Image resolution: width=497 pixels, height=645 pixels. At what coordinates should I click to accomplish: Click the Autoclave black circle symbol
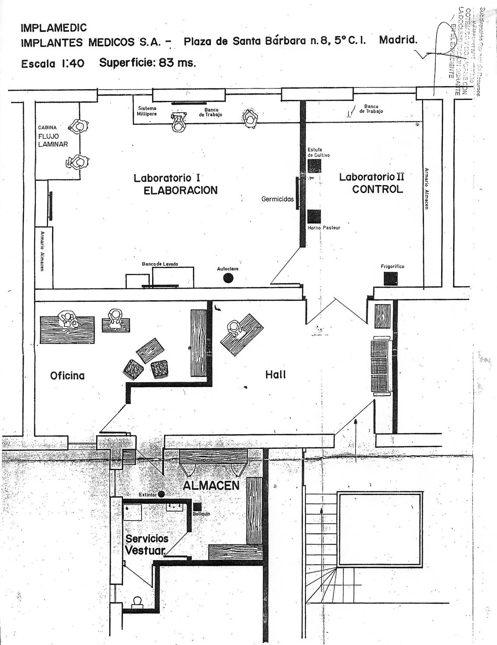click(x=228, y=277)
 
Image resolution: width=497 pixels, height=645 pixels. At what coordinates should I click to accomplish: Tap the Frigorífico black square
click(x=390, y=279)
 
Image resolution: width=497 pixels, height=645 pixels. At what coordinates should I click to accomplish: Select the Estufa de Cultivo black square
click(x=314, y=166)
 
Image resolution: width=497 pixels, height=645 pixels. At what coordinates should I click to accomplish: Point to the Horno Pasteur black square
click(x=314, y=216)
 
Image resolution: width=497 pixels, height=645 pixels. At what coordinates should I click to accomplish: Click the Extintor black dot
click(x=161, y=494)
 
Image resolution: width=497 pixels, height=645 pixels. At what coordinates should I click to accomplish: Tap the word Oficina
click(x=67, y=376)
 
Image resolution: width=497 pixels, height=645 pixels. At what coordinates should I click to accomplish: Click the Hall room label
click(x=276, y=375)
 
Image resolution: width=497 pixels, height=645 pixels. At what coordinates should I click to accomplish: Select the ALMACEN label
click(x=211, y=486)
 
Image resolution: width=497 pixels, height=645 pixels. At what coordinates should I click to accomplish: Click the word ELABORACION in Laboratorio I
click(x=181, y=190)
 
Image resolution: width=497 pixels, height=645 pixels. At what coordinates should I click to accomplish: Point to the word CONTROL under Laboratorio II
click(x=377, y=189)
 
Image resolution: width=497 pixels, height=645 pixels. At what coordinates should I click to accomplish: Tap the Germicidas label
click(x=277, y=199)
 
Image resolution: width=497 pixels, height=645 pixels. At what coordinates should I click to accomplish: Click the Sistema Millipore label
click(x=147, y=111)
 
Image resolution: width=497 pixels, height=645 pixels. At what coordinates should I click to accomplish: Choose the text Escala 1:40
click(x=53, y=64)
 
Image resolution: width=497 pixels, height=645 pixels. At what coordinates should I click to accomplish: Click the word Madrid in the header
click(x=398, y=40)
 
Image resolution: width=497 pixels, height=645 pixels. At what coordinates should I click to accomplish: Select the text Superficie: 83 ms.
click(x=147, y=62)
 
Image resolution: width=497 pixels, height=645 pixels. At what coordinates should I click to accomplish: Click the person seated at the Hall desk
click(x=234, y=328)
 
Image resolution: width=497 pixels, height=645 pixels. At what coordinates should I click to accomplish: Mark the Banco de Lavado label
click(x=160, y=264)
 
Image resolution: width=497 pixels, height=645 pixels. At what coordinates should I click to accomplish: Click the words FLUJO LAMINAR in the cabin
click(x=53, y=140)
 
